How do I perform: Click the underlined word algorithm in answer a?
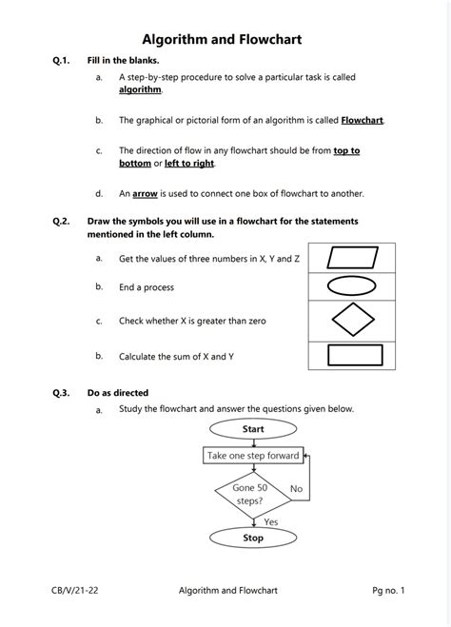(140, 88)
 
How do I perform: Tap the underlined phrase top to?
(346, 150)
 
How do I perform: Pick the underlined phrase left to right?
(189, 164)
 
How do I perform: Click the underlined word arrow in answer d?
(145, 193)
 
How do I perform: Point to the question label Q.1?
(62, 60)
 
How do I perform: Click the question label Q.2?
(62, 221)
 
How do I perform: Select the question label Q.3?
(62, 392)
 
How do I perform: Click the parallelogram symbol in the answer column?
(353, 258)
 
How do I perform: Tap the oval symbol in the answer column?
(353, 286)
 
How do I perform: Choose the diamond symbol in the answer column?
(353, 321)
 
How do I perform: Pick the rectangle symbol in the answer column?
(353, 355)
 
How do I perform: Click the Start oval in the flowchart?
(253, 429)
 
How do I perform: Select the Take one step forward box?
(253, 456)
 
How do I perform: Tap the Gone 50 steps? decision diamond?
(249, 494)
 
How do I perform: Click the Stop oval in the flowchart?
(253, 538)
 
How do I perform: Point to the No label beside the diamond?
(296, 489)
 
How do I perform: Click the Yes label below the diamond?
(270, 521)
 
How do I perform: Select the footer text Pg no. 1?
(388, 591)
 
